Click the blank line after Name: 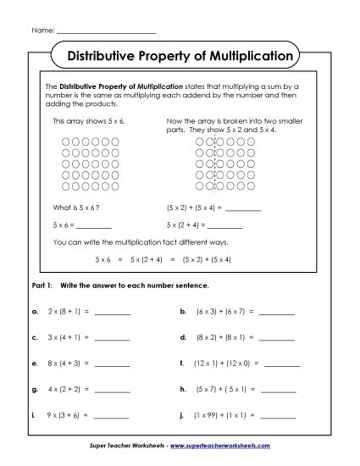106,31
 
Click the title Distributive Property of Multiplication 180,57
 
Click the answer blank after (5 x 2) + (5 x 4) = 244,208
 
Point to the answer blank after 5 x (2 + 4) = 225,226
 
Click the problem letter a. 33,312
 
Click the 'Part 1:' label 42,286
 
